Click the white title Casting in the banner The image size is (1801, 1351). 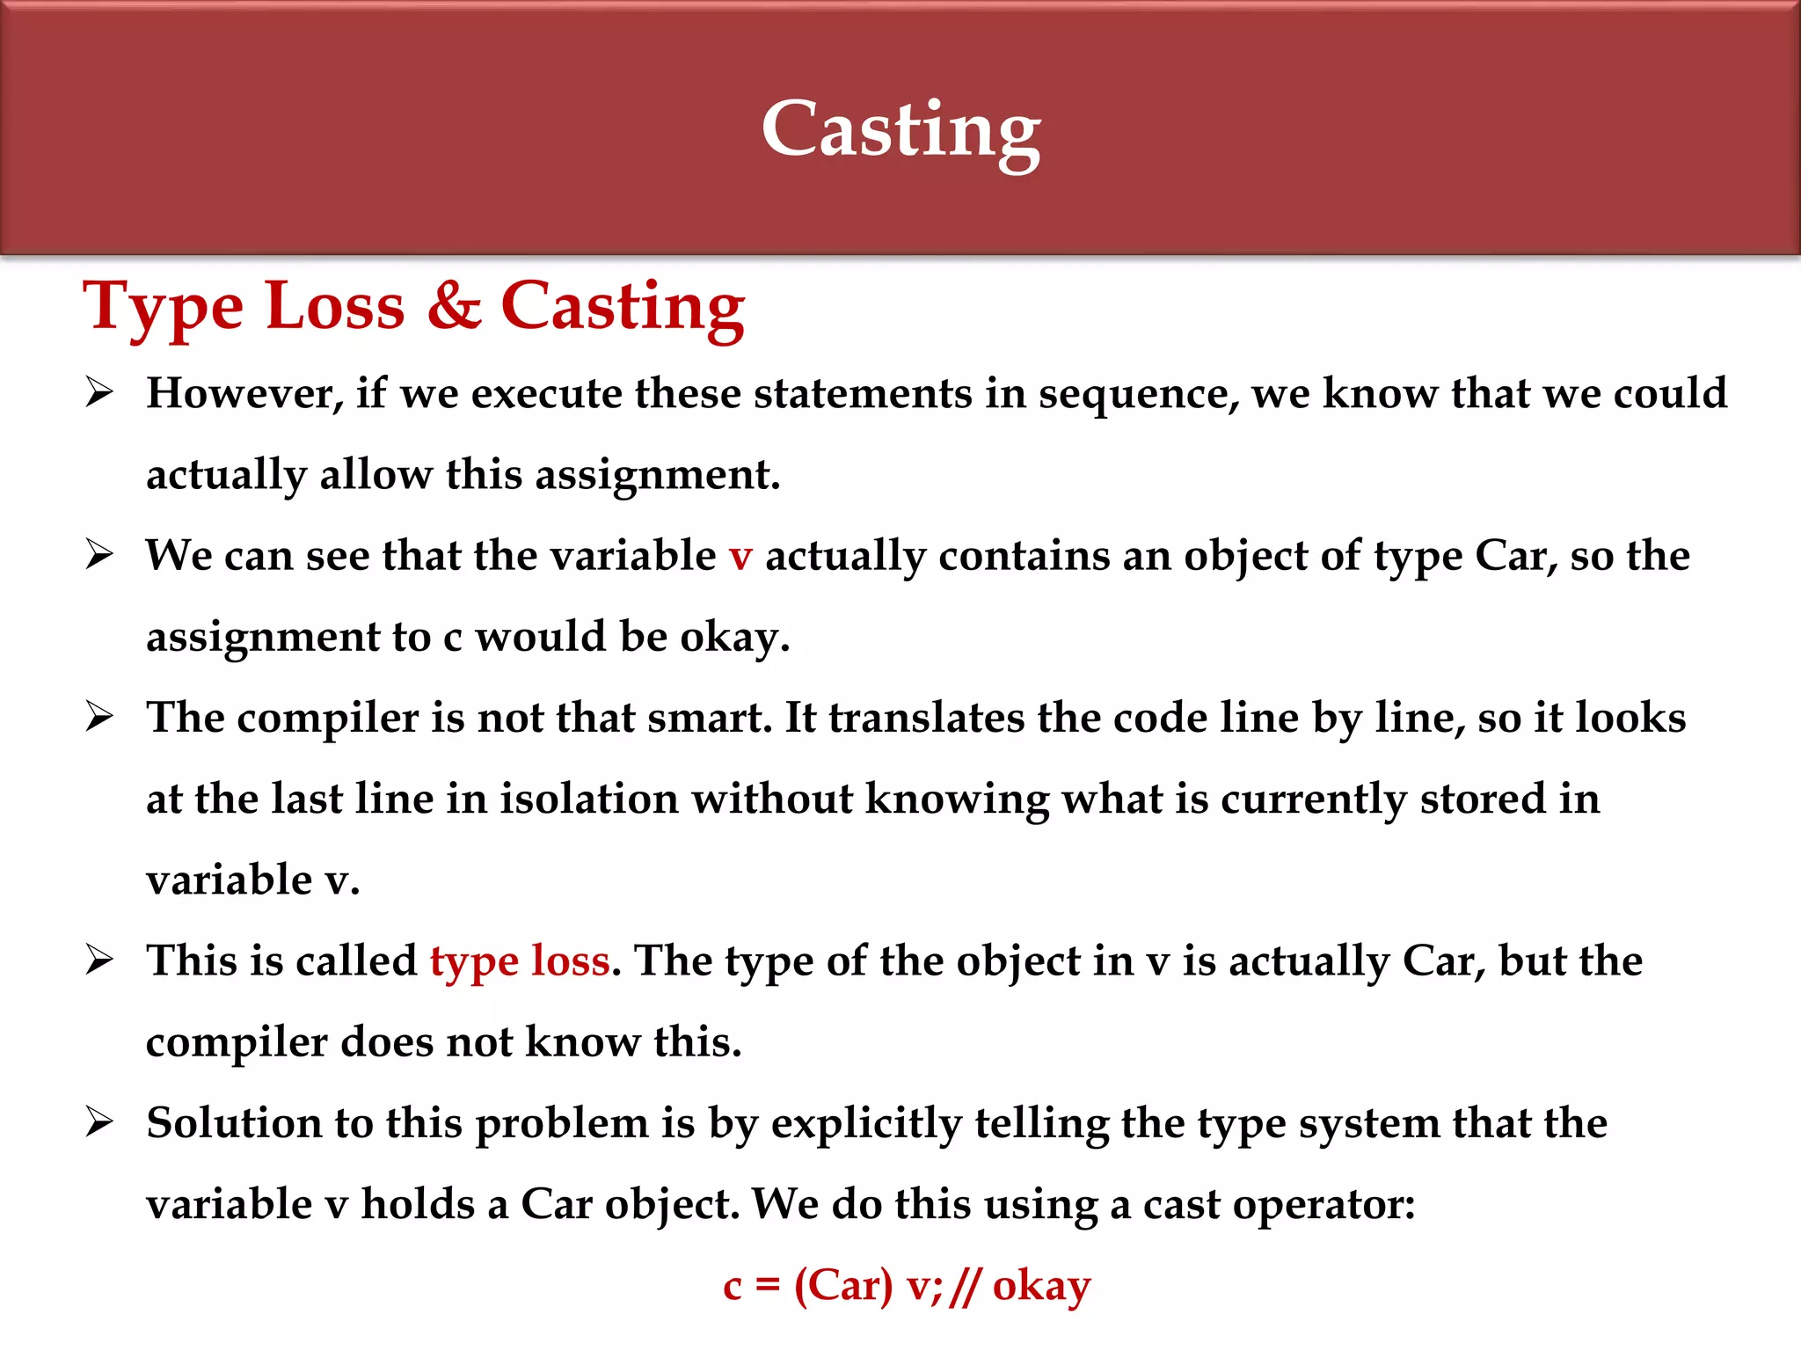pos(900,130)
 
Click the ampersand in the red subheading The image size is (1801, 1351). pos(454,306)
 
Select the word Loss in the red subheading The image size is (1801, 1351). pos(335,306)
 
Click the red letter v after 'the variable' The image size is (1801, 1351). pos(740,557)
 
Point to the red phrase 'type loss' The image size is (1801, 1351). pos(520,961)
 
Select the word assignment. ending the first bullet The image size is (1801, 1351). pos(658,476)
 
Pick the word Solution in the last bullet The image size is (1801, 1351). pos(234,1123)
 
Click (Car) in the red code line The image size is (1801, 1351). pos(842,1286)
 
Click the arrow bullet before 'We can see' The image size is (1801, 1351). pos(99,555)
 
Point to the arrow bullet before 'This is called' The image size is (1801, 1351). pos(99,960)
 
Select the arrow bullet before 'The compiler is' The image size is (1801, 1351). pos(99,717)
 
